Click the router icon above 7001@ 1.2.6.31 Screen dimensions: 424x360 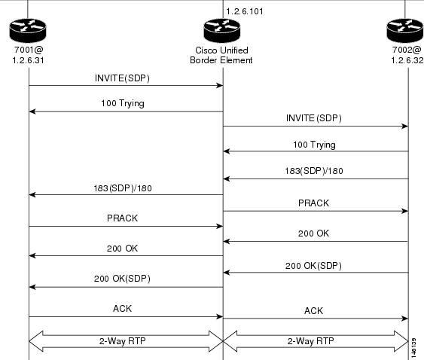click(28, 30)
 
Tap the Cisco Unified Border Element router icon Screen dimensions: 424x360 click(221, 30)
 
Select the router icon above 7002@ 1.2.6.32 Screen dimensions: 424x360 click(405, 30)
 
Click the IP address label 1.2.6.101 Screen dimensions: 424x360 click(245, 11)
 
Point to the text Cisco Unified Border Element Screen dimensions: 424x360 click(221, 55)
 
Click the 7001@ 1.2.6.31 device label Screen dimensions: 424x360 click(28, 55)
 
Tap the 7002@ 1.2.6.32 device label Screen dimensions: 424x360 click(407, 55)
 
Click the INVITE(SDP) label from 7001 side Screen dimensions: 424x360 click(122, 78)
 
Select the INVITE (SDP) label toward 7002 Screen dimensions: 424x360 click(314, 118)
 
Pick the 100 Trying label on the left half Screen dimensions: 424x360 click(123, 103)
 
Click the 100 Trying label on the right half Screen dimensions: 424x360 click(314, 145)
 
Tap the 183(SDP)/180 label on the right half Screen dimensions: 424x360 click(314, 171)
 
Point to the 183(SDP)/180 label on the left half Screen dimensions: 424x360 click(123, 188)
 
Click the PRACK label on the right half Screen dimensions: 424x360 click(313, 203)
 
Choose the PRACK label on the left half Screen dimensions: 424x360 click(122, 218)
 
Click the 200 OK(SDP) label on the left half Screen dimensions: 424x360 click(122, 279)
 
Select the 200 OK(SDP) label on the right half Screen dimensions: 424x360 click(313, 266)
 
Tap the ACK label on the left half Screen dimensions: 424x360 click(122, 309)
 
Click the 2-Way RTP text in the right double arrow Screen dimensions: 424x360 click(311, 341)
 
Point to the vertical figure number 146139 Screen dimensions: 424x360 click(413, 348)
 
